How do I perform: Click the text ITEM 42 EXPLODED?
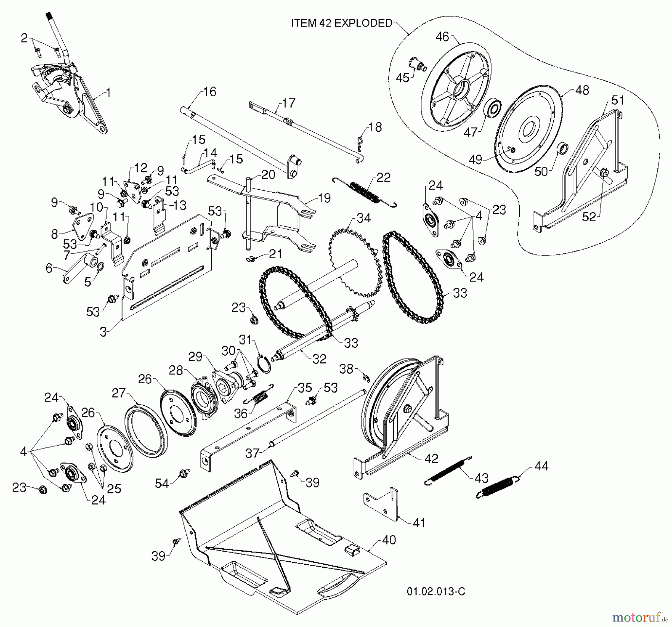342,23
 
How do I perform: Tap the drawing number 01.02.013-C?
436,591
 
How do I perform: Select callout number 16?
210,91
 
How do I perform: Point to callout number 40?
389,540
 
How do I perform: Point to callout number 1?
109,93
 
